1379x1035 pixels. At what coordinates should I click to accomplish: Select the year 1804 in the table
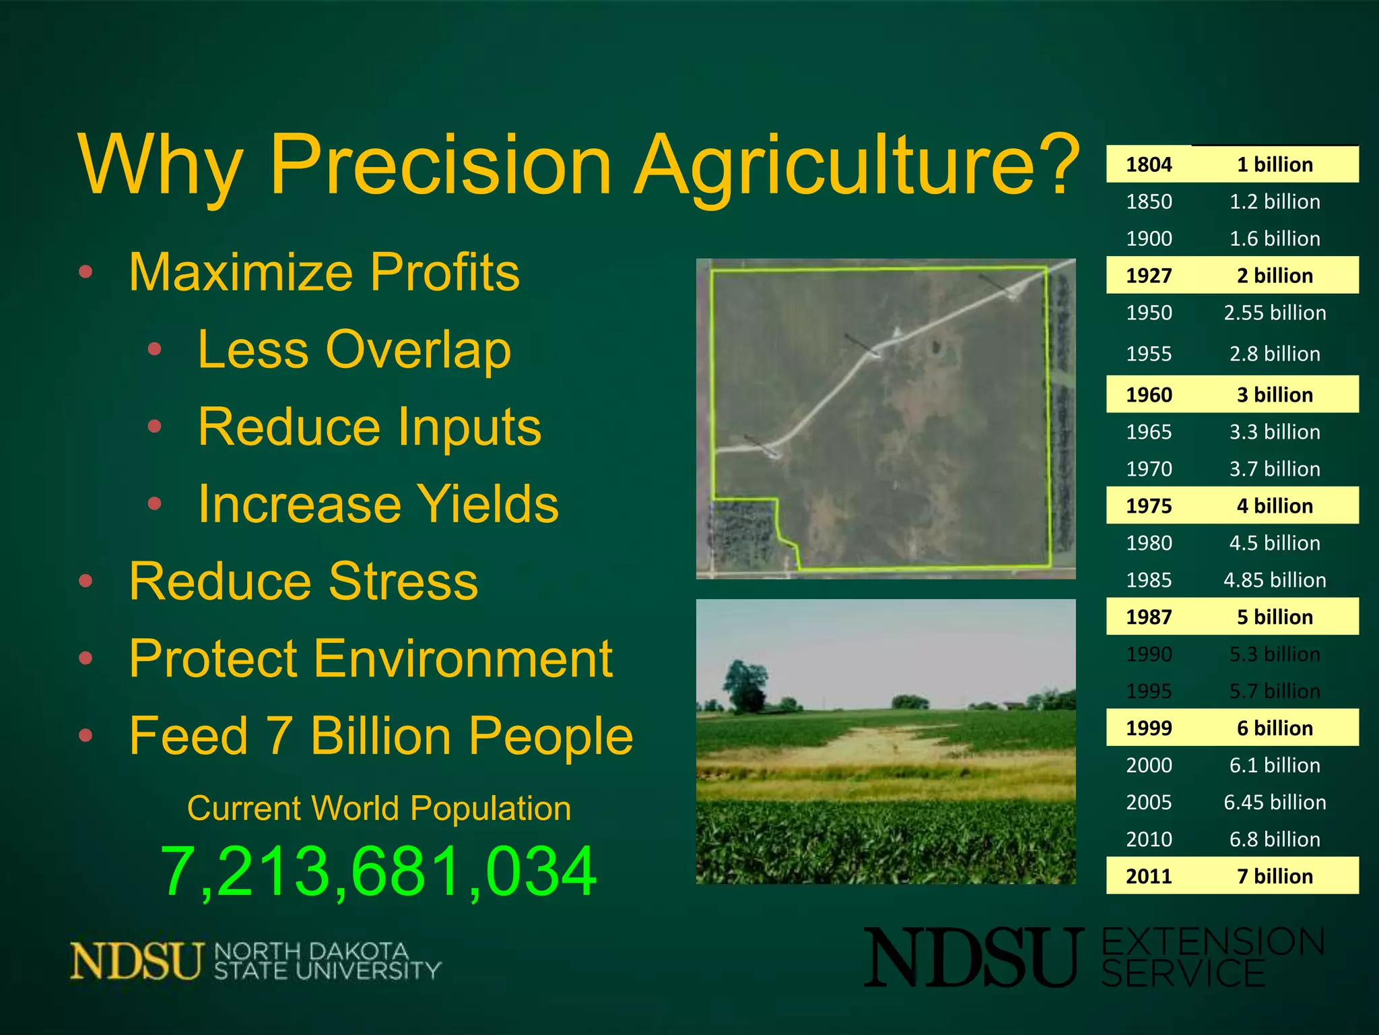[x=1149, y=164]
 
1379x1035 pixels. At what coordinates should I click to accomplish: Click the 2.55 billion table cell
[x=1275, y=313]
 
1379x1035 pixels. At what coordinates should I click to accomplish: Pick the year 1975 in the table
[x=1149, y=506]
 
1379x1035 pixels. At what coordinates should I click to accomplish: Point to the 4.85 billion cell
[x=1275, y=580]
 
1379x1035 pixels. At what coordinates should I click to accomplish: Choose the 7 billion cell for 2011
[x=1275, y=876]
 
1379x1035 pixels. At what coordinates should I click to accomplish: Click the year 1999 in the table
[x=1149, y=728]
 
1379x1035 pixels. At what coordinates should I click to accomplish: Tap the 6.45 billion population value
[x=1275, y=803]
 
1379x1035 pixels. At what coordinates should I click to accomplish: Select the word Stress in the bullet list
[x=403, y=582]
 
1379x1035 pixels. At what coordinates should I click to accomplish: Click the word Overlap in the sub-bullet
[x=417, y=350]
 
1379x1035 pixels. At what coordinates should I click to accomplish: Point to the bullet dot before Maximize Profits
[x=86, y=272]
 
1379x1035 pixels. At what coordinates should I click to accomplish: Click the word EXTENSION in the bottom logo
[x=1212, y=942]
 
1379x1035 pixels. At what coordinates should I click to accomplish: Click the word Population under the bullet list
[x=490, y=808]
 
